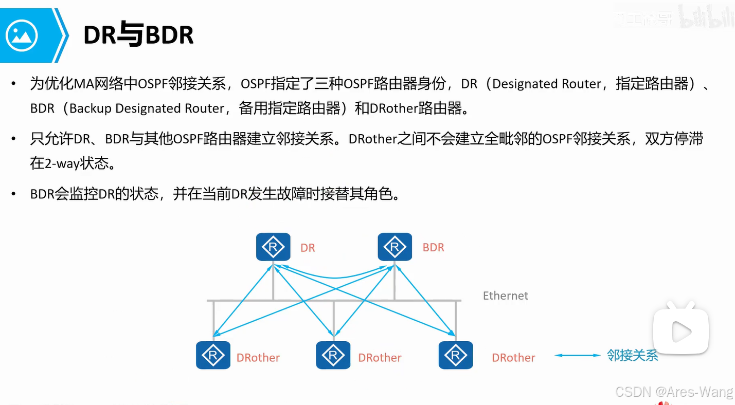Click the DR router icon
coord(273,247)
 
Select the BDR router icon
coord(395,247)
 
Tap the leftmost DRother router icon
coord(213,355)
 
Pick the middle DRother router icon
coord(333,355)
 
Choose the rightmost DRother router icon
coord(455,355)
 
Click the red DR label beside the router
coord(308,248)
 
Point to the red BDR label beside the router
coord(433,247)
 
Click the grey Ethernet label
coord(505,296)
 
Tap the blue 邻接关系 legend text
coord(632,355)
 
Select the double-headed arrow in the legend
coord(578,355)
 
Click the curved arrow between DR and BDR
coord(334,275)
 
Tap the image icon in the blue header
coord(22,35)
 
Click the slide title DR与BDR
coord(138,35)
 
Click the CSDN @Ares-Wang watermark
coord(674,392)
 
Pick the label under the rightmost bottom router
coord(513,358)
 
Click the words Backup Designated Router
coord(147,108)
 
